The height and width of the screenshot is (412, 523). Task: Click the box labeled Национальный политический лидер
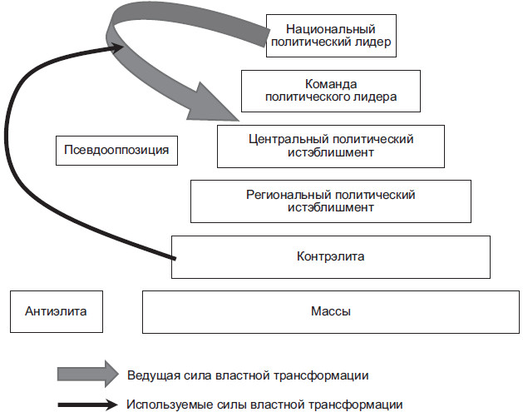tap(331, 35)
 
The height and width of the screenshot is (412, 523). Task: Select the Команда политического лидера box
tap(330, 91)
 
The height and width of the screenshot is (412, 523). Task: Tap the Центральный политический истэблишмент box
tap(331, 146)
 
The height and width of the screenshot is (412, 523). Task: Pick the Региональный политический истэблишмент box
tap(331, 201)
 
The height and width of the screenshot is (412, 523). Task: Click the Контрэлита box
tap(331, 256)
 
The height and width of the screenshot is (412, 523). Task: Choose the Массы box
tap(331, 311)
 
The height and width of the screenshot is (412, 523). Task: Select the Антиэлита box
tap(57, 311)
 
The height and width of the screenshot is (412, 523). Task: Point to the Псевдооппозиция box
tap(116, 151)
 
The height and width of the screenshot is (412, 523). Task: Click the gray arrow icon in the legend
tap(87, 375)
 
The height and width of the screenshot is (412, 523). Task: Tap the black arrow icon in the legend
tap(87, 405)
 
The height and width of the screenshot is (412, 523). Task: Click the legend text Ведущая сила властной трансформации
tap(248, 375)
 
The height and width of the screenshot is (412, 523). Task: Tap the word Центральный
tap(290, 139)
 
